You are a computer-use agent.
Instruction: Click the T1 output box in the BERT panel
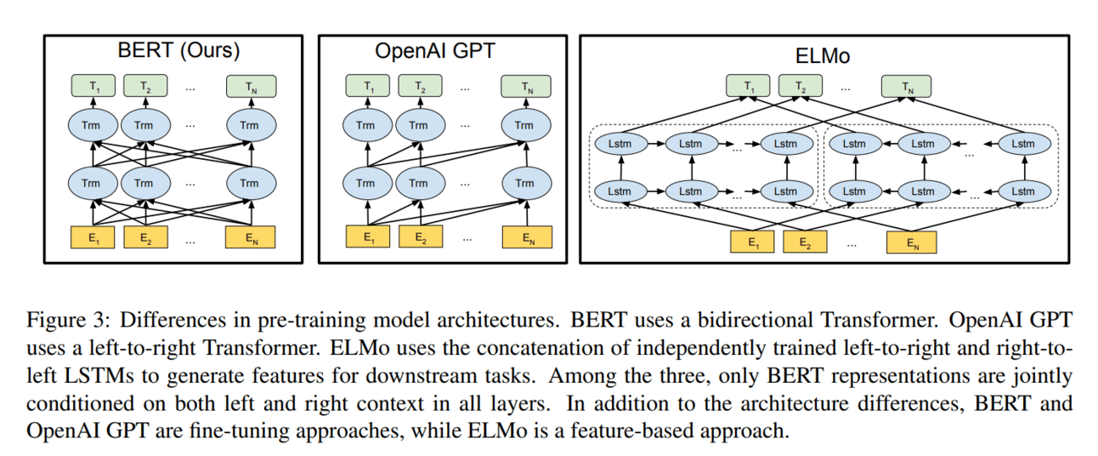tap(93, 86)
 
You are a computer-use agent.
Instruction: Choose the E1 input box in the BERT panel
tap(93, 237)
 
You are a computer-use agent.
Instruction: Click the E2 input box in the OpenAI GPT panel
tap(421, 237)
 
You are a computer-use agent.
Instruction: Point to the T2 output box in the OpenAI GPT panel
tap(421, 86)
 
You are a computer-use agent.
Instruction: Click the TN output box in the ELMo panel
tap(905, 86)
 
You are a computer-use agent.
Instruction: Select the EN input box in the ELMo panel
tap(911, 242)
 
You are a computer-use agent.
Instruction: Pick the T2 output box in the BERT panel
tap(144, 86)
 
